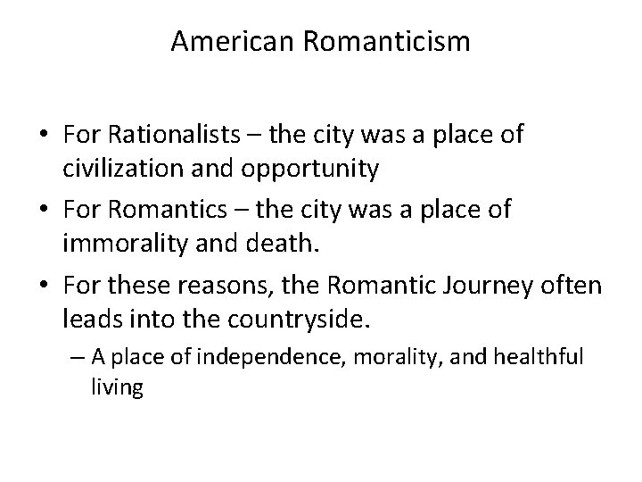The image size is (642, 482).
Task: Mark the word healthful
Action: point(539,358)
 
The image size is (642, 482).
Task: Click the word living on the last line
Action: point(116,388)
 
